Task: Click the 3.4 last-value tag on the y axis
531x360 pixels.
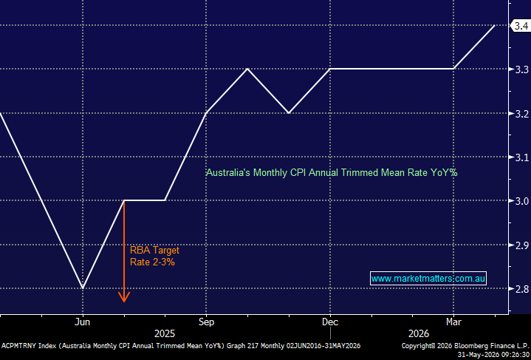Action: [521, 26]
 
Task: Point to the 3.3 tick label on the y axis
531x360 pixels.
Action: [522, 69]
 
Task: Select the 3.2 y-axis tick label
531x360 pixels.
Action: [522, 114]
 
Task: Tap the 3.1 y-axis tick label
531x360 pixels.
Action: [522, 157]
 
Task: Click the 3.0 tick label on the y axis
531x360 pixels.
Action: [522, 201]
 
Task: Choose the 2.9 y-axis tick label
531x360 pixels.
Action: [522, 245]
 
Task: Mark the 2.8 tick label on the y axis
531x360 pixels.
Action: [522, 289]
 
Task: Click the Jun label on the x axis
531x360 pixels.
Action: [82, 322]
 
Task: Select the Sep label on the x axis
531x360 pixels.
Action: [206, 322]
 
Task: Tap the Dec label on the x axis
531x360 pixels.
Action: [330, 322]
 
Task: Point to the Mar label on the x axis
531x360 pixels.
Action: [453, 322]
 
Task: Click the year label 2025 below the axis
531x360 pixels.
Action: [165, 334]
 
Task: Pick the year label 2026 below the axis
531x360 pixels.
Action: [419, 334]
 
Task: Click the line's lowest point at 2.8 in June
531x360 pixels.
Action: [83, 288]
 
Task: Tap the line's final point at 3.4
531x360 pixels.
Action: [495, 25]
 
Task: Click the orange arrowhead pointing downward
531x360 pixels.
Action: [124, 297]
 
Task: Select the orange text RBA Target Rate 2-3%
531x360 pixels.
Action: [154, 257]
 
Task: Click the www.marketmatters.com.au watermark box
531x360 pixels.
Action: [428, 278]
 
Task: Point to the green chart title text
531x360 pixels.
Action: [332, 173]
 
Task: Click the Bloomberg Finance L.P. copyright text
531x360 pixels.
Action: [465, 346]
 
